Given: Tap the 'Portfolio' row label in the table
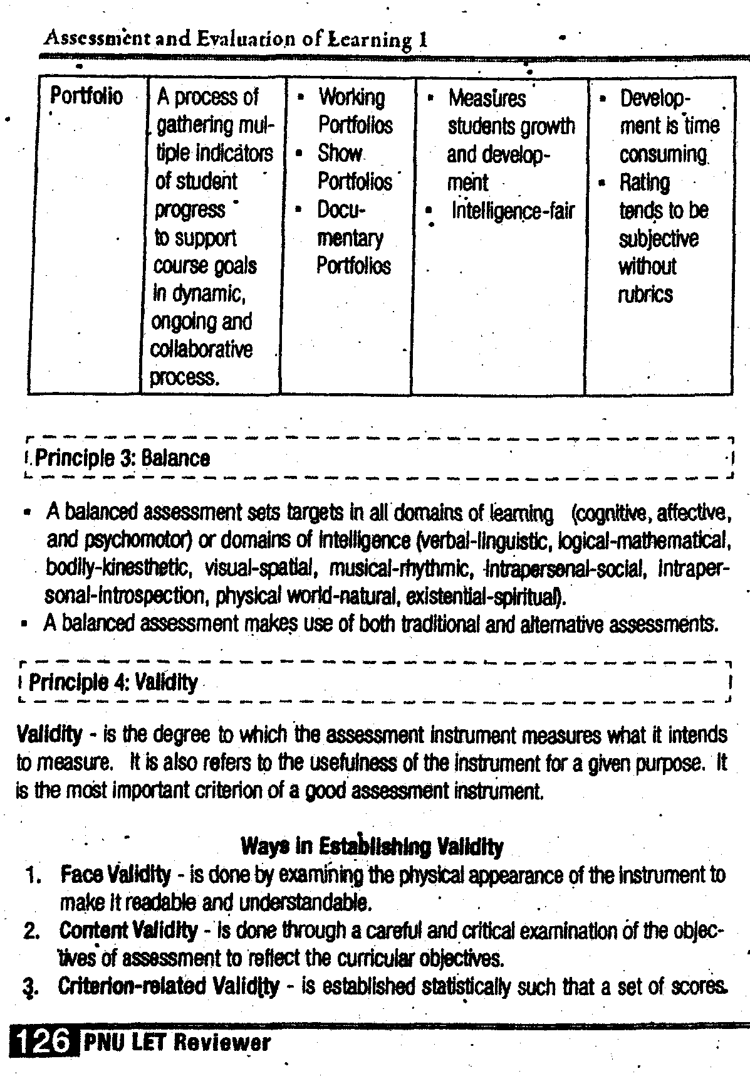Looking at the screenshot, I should pyautogui.click(x=86, y=97).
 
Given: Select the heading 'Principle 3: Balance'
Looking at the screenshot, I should pyautogui.click(x=122, y=458).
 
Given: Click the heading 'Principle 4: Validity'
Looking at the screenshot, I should pyautogui.click(x=113, y=682).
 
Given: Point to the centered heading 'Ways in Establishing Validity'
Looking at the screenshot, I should pyautogui.click(x=372, y=847).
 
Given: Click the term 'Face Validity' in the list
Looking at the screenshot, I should pyautogui.click(x=115, y=873).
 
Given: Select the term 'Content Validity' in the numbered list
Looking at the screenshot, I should pyautogui.click(x=128, y=931).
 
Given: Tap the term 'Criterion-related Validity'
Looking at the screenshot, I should pyautogui.click(x=169, y=987).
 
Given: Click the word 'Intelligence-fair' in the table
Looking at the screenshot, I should pyautogui.click(x=513, y=211).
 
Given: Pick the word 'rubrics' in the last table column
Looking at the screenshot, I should pyautogui.click(x=645, y=294).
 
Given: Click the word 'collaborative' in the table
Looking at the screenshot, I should pyautogui.click(x=201, y=349).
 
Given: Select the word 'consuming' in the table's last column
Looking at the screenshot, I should pyautogui.click(x=663, y=154).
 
